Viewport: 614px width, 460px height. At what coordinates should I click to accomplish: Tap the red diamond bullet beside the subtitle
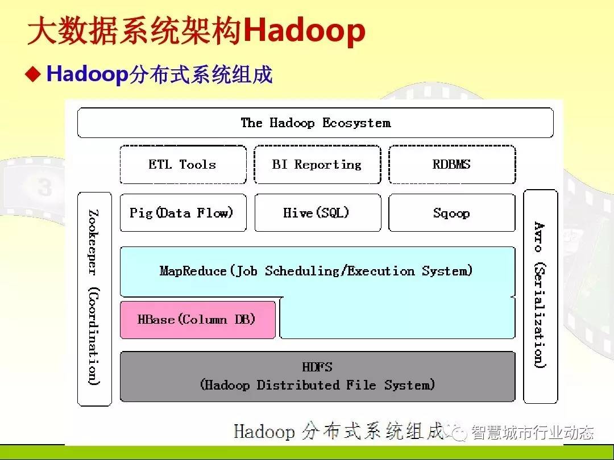pyautogui.click(x=33, y=73)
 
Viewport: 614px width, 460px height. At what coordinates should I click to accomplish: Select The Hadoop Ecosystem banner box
pyautogui.click(x=316, y=123)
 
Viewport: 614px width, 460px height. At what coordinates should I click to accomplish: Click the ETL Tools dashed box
pyautogui.click(x=183, y=164)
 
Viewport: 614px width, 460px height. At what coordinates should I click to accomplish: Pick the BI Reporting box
pyautogui.click(x=318, y=164)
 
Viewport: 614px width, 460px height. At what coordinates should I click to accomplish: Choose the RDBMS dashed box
pyautogui.click(x=452, y=164)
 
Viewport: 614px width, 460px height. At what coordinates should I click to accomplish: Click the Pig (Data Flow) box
pyautogui.click(x=183, y=213)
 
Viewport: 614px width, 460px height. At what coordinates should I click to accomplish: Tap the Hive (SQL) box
pyautogui.click(x=318, y=213)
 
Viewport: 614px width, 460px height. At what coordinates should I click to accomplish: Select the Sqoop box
pyautogui.click(x=452, y=213)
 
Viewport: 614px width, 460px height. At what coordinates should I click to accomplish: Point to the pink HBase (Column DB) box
pyautogui.click(x=198, y=320)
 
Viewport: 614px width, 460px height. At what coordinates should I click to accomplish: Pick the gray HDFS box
pyautogui.click(x=318, y=377)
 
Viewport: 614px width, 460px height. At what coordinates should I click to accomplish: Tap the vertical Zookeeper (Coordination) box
pyautogui.click(x=94, y=299)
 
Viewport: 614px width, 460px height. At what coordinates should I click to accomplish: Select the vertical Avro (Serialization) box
pyautogui.click(x=541, y=296)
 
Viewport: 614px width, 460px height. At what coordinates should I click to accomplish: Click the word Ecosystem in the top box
pyautogui.click(x=356, y=123)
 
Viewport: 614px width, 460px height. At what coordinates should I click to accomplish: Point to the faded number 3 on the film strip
pyautogui.click(x=45, y=186)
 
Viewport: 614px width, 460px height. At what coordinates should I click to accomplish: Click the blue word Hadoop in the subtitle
pyautogui.click(x=88, y=73)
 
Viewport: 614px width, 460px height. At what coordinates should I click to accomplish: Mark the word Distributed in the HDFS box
pyautogui.click(x=297, y=385)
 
